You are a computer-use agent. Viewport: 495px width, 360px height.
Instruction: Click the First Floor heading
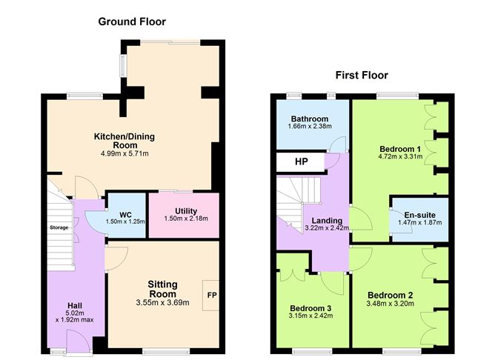(362, 75)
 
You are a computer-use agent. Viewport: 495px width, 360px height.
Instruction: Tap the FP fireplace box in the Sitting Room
(210, 294)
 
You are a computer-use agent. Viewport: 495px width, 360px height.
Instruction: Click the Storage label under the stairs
(59, 227)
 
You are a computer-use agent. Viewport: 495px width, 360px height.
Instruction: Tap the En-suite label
(419, 215)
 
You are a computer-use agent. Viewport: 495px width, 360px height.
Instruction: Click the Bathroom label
(309, 119)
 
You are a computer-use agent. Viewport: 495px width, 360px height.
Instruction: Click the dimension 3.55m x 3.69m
(164, 303)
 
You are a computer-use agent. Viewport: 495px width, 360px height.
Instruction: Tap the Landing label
(326, 221)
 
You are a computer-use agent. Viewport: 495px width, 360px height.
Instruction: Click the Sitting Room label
(163, 289)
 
